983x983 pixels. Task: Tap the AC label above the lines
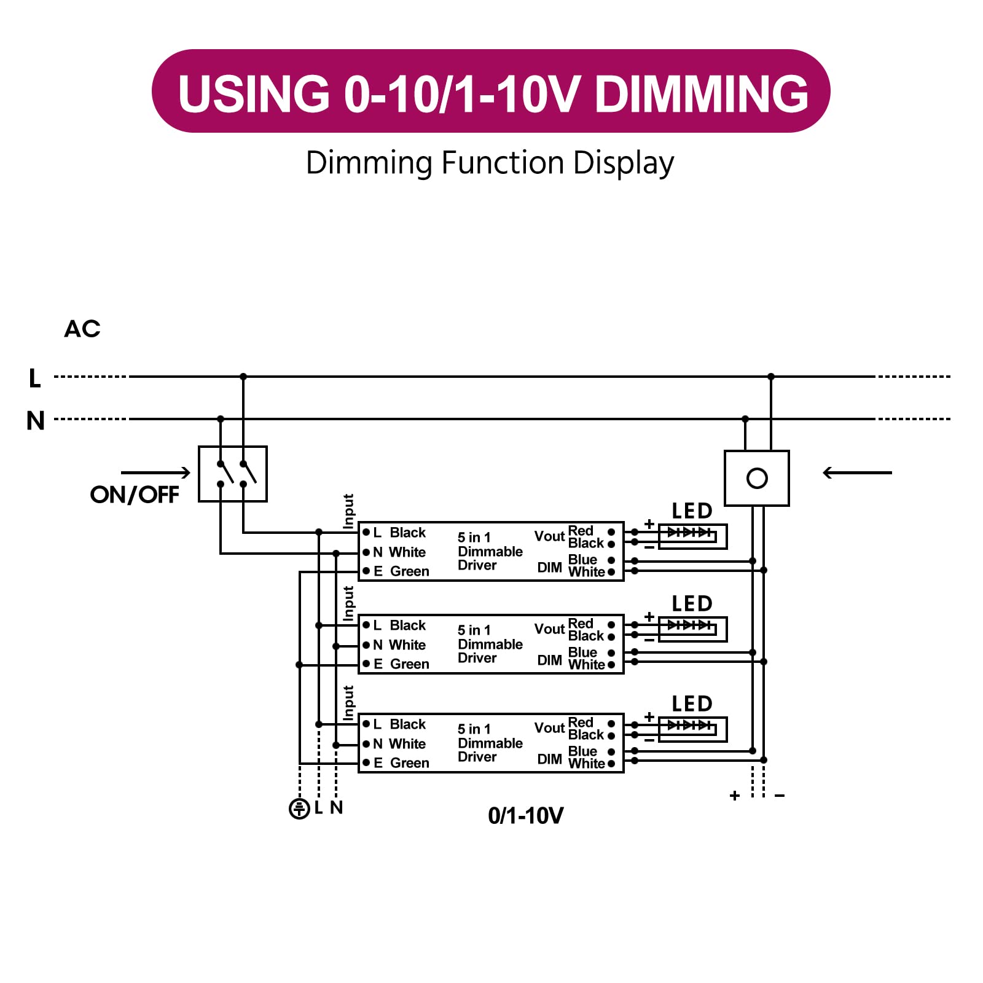82,329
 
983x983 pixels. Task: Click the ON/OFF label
135,495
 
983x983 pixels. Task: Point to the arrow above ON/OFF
155,472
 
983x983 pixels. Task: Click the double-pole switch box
233,474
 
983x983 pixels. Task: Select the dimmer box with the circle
757,478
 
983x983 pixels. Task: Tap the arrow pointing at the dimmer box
857,472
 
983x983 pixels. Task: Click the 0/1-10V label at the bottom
525,816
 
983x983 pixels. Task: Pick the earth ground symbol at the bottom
299,809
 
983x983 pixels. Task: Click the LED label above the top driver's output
692,511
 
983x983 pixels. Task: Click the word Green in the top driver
410,571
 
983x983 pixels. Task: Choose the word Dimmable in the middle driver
490,644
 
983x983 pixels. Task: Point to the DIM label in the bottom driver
549,759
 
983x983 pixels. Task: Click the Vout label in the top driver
549,536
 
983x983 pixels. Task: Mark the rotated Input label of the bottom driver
348,703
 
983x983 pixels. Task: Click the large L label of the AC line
35,378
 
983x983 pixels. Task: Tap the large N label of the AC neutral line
36,421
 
